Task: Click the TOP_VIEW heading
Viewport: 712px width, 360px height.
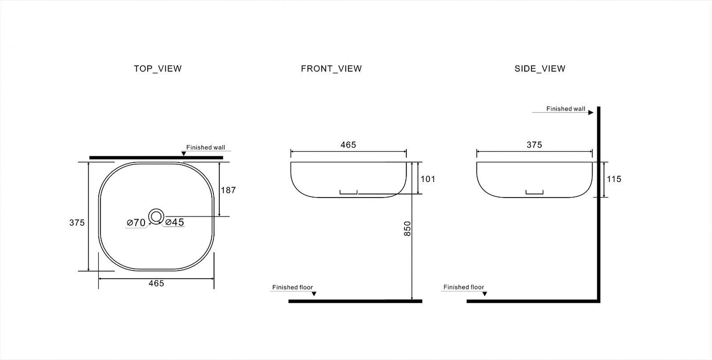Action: pyautogui.click(x=157, y=68)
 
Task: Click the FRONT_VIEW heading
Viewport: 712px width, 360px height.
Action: pyautogui.click(x=331, y=68)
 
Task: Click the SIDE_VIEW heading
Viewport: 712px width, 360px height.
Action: pyautogui.click(x=540, y=68)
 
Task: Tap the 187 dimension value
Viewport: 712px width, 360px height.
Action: pyautogui.click(x=228, y=190)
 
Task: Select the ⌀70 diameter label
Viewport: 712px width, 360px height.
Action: pyautogui.click(x=136, y=223)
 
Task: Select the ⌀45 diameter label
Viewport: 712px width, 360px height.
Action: pyautogui.click(x=175, y=222)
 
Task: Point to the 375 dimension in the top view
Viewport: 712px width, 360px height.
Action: pyautogui.click(x=77, y=222)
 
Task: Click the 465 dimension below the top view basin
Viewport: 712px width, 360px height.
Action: pyautogui.click(x=156, y=283)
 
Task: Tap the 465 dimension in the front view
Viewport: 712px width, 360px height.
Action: pyautogui.click(x=348, y=145)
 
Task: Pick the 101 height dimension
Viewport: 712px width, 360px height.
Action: pyautogui.click(x=428, y=179)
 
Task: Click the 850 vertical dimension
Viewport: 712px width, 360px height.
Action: pyautogui.click(x=407, y=228)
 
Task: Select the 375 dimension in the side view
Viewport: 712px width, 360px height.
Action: pyautogui.click(x=534, y=145)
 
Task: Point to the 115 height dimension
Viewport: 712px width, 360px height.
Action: pyautogui.click(x=614, y=179)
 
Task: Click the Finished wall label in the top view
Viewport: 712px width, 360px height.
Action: pyautogui.click(x=205, y=147)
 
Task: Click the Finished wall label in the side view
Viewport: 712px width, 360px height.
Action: pyautogui.click(x=565, y=109)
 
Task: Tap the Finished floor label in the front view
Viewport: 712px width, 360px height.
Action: pyautogui.click(x=292, y=287)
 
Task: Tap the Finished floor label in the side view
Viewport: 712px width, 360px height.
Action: pyautogui.click(x=464, y=287)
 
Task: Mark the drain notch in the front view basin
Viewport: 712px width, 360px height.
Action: pyautogui.click(x=348, y=192)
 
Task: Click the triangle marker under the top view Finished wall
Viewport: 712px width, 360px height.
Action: pyautogui.click(x=184, y=154)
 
